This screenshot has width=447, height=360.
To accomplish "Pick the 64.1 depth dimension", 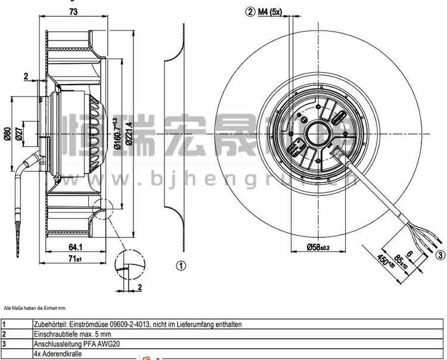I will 75,246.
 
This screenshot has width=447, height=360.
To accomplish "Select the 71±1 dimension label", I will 75,258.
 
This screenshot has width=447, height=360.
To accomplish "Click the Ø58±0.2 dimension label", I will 319,247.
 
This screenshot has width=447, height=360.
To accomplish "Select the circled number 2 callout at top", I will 250,12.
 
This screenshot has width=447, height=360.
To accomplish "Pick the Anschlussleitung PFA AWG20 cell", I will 71,344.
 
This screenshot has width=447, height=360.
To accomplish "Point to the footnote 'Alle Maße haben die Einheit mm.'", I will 35,308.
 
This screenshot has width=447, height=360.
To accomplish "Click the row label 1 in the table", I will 4,325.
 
